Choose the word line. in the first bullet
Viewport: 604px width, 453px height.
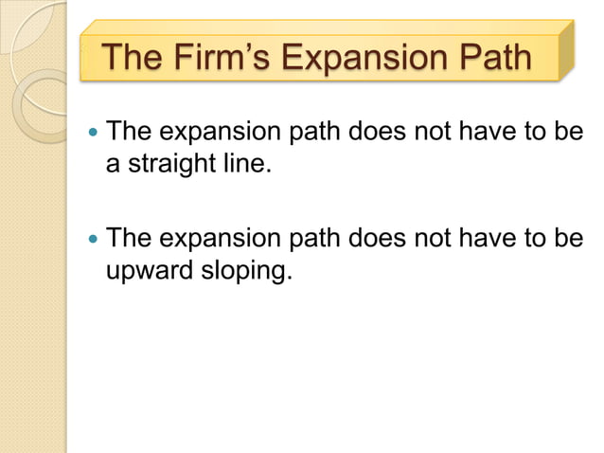242,168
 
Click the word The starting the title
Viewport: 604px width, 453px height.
133,58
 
